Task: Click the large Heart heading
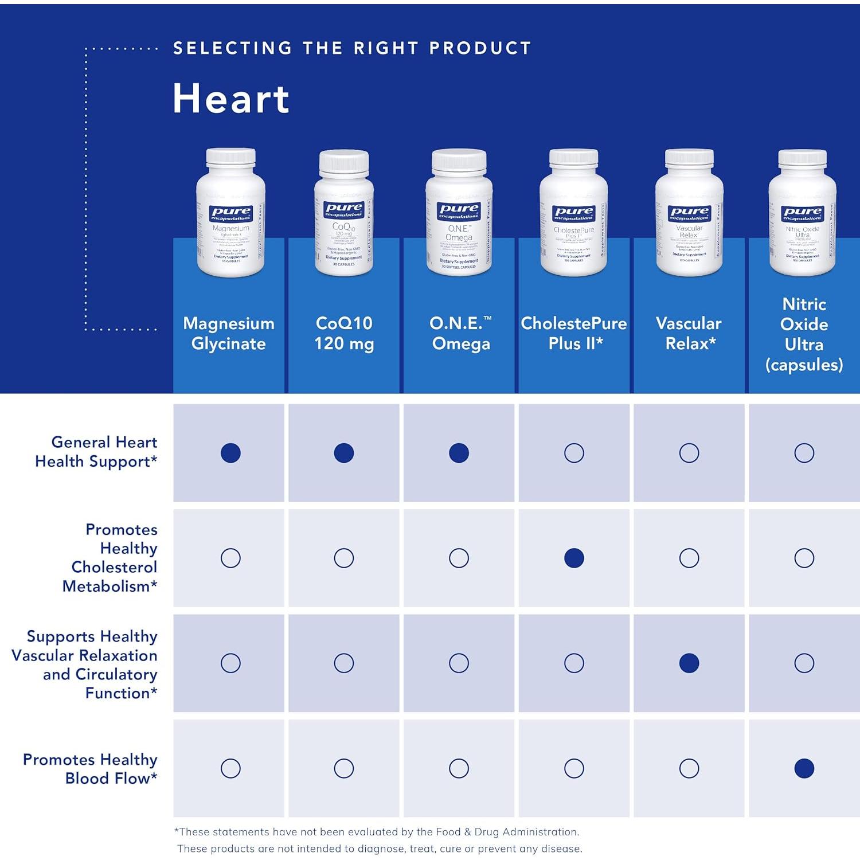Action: click(x=231, y=99)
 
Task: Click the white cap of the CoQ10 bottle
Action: click(x=344, y=162)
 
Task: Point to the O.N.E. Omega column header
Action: click(x=460, y=333)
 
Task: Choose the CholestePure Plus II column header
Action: click(x=574, y=333)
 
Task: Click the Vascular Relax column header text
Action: click(x=689, y=333)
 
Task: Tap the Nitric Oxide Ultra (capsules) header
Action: click(x=804, y=334)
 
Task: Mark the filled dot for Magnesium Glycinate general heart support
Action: click(x=230, y=453)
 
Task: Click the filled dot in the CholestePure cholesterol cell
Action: click(x=574, y=558)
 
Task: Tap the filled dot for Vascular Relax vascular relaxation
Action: click(x=689, y=663)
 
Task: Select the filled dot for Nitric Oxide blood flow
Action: click(x=804, y=768)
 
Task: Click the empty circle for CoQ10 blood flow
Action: click(x=344, y=768)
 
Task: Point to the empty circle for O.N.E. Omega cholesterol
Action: click(x=459, y=558)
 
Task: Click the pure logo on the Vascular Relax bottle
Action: click(x=689, y=214)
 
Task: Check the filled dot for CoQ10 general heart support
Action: click(x=344, y=453)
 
